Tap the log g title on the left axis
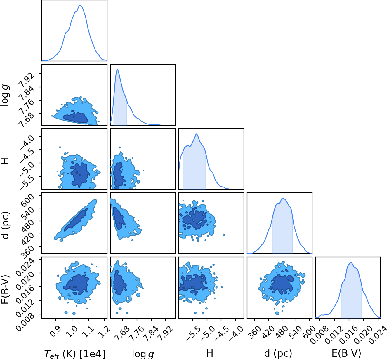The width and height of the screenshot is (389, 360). [x=5, y=95]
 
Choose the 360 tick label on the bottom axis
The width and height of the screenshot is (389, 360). [x=255, y=332]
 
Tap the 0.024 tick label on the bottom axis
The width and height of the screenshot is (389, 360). [x=378, y=335]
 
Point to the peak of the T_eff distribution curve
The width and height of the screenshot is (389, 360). [x=80, y=5]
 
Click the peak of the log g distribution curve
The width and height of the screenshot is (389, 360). [x=117, y=69]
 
